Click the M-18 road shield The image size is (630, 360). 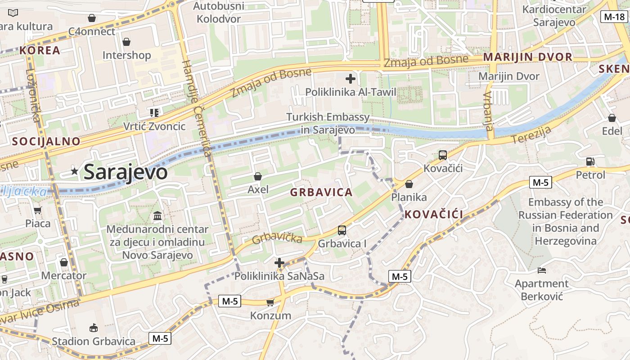[x=613, y=17]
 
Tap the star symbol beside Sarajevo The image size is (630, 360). [x=75, y=171]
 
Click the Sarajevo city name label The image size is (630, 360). [x=126, y=172]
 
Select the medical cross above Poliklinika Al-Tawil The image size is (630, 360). [x=351, y=79]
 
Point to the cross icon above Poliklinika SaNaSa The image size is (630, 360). [x=279, y=263]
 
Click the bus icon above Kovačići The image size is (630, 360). [x=443, y=155]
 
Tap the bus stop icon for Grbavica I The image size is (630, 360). [x=342, y=230]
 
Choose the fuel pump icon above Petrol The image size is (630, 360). [x=590, y=162]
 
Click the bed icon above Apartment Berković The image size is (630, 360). [x=542, y=270]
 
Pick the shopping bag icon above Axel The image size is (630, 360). [x=258, y=176]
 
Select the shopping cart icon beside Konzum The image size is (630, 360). [x=270, y=302]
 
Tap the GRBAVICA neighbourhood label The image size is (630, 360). [x=321, y=193]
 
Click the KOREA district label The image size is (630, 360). [x=40, y=50]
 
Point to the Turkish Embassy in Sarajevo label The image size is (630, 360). [x=328, y=123]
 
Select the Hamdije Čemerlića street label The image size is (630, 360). [x=196, y=108]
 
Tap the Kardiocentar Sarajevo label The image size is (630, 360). [x=554, y=16]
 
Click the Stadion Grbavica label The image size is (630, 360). [x=94, y=341]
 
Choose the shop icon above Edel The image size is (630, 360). [x=612, y=118]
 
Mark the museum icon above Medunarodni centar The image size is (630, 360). [x=157, y=216]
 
